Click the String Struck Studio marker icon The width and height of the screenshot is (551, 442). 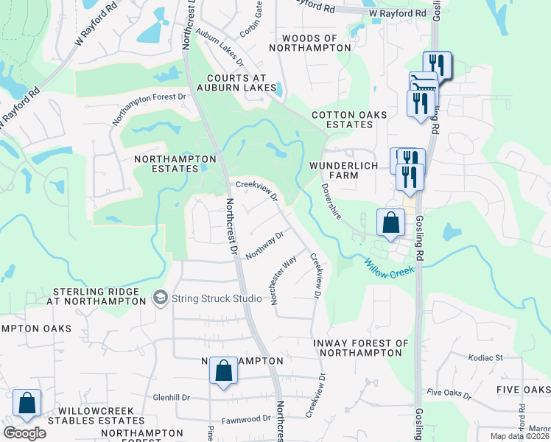pyautogui.click(x=160, y=298)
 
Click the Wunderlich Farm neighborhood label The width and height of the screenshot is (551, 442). pyautogui.click(x=343, y=172)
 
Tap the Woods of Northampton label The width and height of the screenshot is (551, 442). pyautogui.click(x=310, y=43)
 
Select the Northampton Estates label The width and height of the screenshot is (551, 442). pyautogui.click(x=175, y=164)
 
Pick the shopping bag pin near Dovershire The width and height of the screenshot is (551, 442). pyautogui.click(x=390, y=223)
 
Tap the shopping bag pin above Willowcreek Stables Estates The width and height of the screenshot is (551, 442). pyautogui.click(x=27, y=404)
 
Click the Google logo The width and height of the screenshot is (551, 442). pyautogui.click(x=24, y=433)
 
